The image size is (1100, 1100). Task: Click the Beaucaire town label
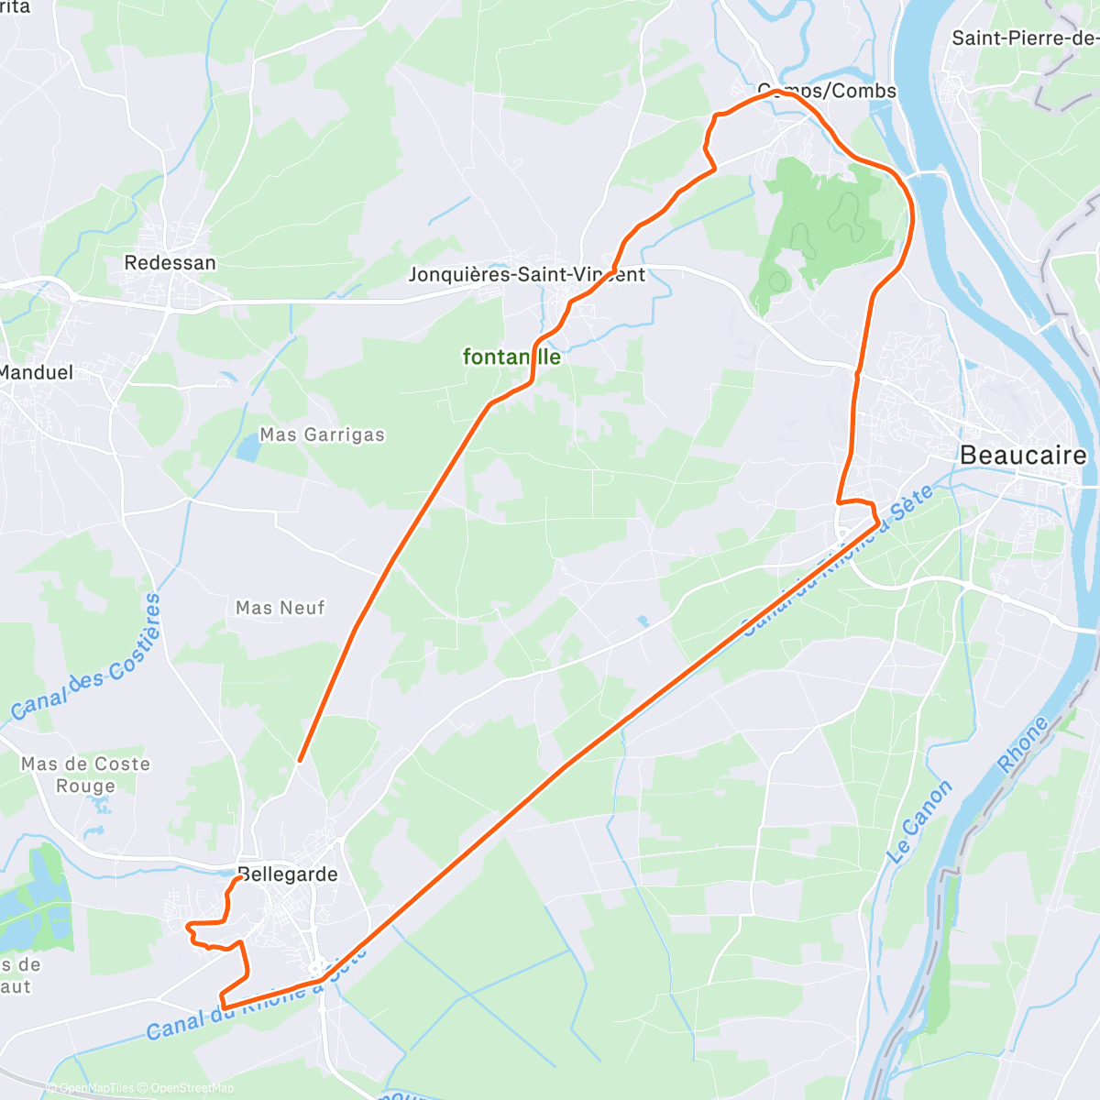point(1023,455)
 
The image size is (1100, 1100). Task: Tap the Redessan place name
point(170,263)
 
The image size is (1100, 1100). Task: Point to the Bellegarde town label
point(289,874)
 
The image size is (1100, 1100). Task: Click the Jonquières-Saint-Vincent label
point(526,275)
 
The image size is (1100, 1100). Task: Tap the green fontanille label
point(511,357)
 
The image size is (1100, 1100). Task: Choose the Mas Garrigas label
point(322,434)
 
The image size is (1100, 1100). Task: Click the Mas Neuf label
point(280,608)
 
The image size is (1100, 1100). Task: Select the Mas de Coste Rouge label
point(85,775)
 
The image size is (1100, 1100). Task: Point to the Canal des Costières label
point(87,659)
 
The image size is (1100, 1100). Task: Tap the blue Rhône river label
point(1023,745)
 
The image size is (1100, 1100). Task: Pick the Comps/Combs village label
point(827,91)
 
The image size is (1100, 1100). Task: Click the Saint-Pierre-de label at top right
point(1025,38)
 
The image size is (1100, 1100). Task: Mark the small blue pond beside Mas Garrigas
point(247,447)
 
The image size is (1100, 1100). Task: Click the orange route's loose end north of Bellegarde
point(300,760)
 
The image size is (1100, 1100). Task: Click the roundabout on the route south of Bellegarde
point(318,968)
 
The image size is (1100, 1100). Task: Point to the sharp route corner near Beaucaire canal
point(878,522)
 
